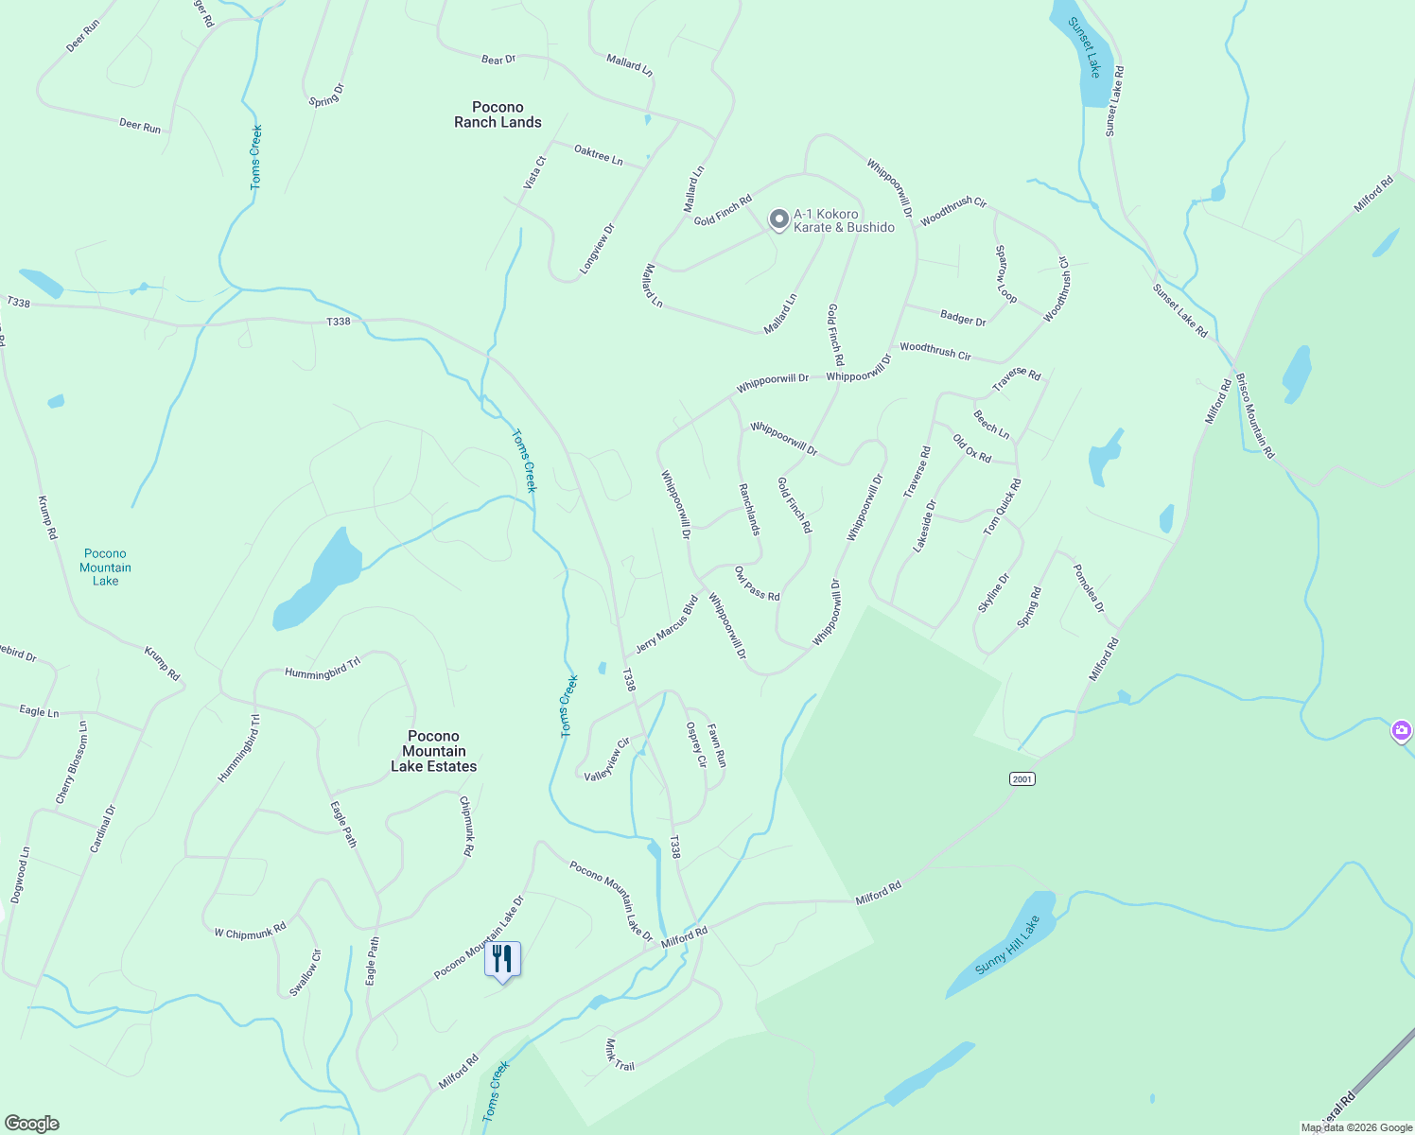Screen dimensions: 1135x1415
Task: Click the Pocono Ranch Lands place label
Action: point(498,114)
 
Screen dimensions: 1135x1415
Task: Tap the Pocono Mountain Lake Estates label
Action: point(434,751)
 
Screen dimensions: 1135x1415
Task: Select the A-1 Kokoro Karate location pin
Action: point(777,219)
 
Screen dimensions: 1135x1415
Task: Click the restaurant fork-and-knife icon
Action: point(502,959)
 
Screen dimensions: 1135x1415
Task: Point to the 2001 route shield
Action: point(1022,778)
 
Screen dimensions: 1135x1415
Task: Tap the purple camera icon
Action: point(1402,730)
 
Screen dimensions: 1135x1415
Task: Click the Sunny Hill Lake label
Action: point(1006,946)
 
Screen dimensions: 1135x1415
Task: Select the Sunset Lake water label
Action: point(1085,46)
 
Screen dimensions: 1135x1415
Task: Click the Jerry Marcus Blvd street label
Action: point(667,624)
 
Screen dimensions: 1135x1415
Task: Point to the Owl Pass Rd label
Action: point(757,584)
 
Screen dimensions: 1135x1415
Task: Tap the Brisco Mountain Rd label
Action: point(1255,414)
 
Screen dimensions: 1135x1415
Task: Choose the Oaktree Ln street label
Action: point(599,155)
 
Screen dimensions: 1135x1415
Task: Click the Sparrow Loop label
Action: point(1004,274)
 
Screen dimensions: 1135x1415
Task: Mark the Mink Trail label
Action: point(620,1055)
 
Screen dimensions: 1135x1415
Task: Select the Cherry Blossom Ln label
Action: point(72,763)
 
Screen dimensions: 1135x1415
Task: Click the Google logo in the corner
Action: point(32,1124)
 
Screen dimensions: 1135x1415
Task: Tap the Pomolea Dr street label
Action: point(1088,587)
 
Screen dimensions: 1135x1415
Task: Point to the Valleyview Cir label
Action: point(607,760)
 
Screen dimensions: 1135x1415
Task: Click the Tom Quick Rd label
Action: point(1002,507)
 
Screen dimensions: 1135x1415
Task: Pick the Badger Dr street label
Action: point(963,319)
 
